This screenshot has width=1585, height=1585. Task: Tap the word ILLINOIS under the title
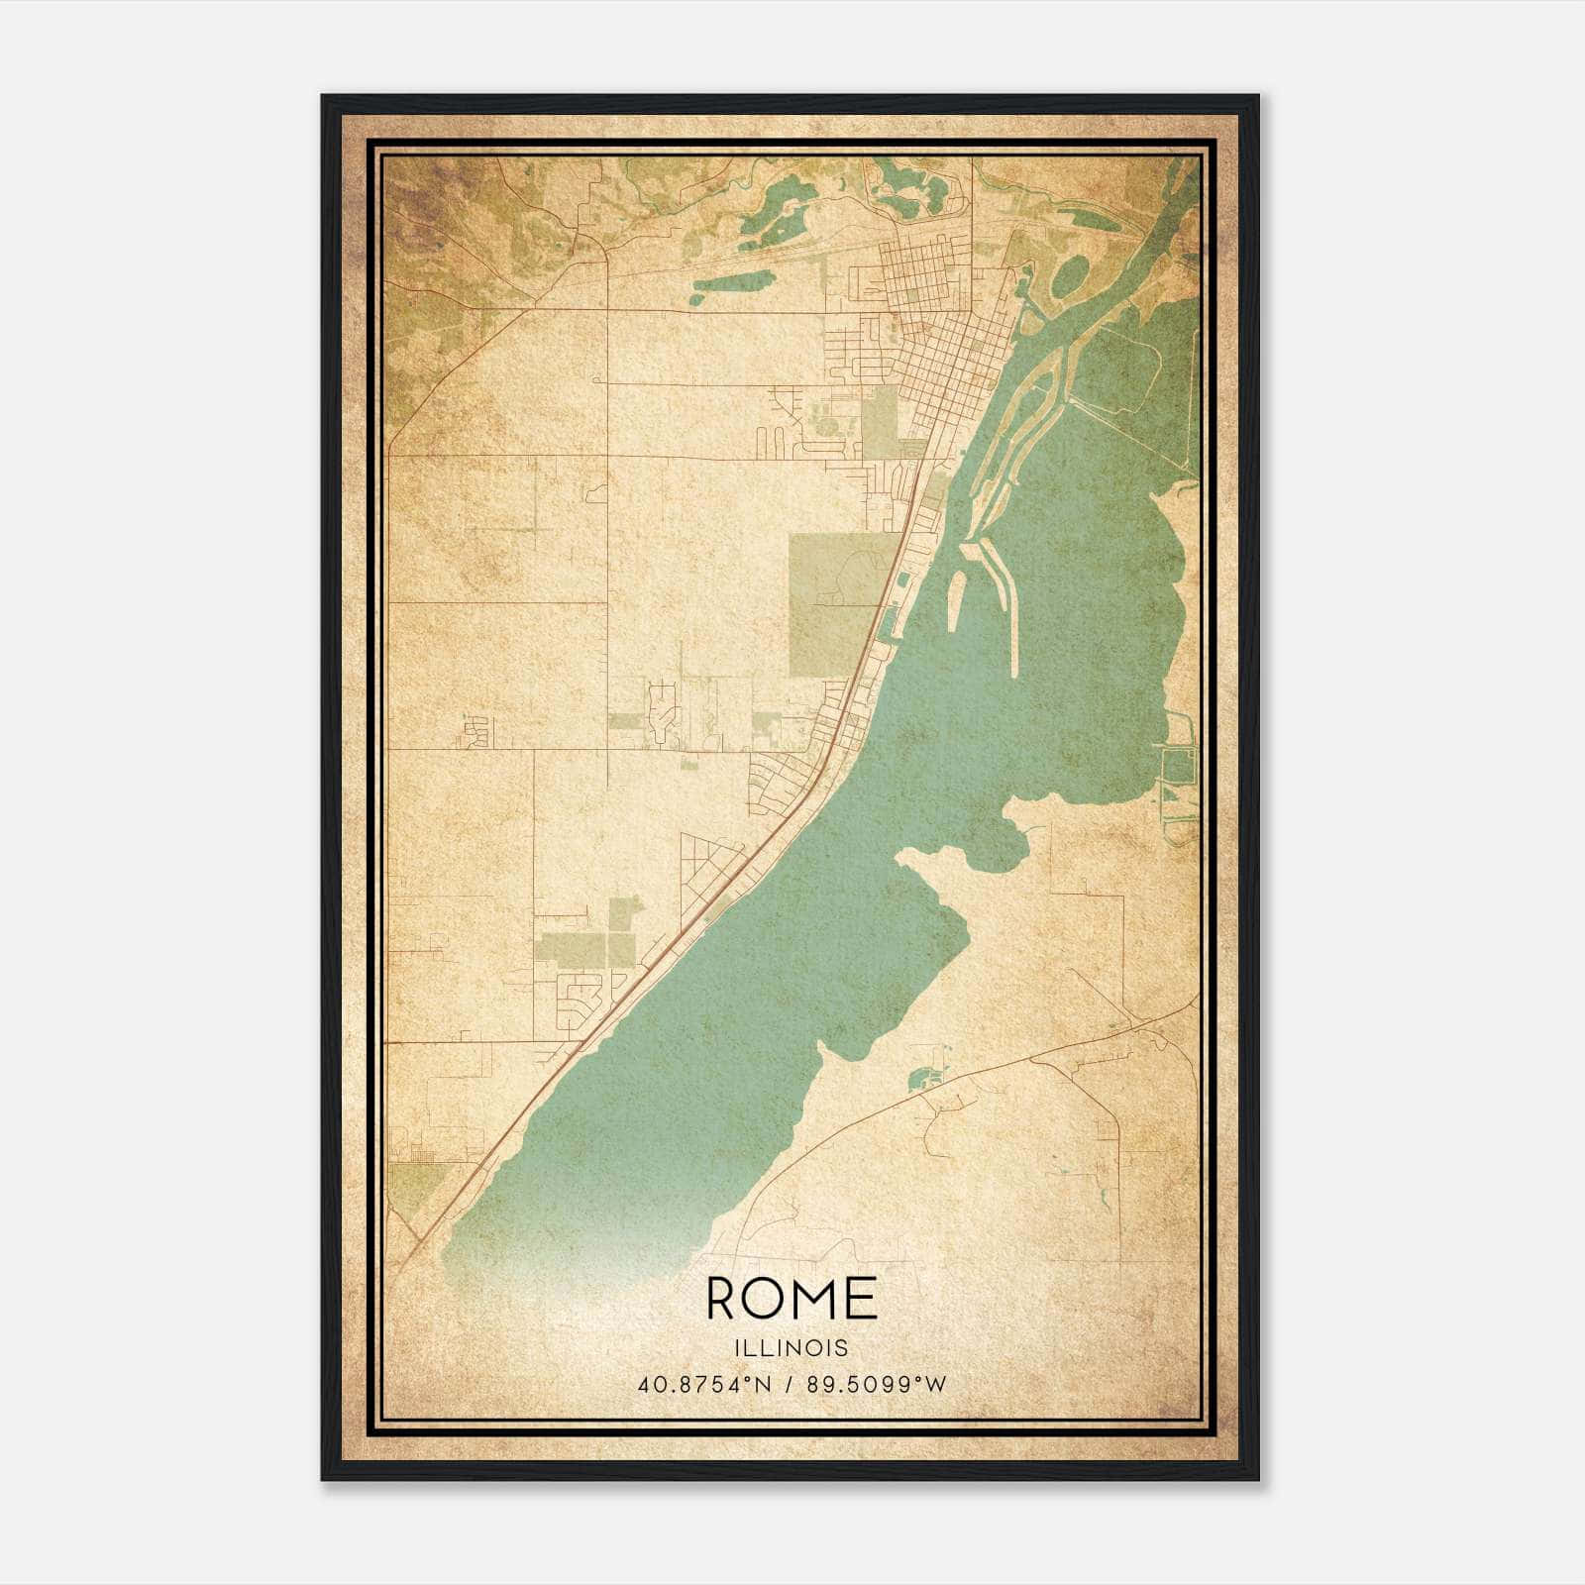tap(792, 1348)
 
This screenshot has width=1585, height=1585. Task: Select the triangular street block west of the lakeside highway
tap(708, 862)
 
